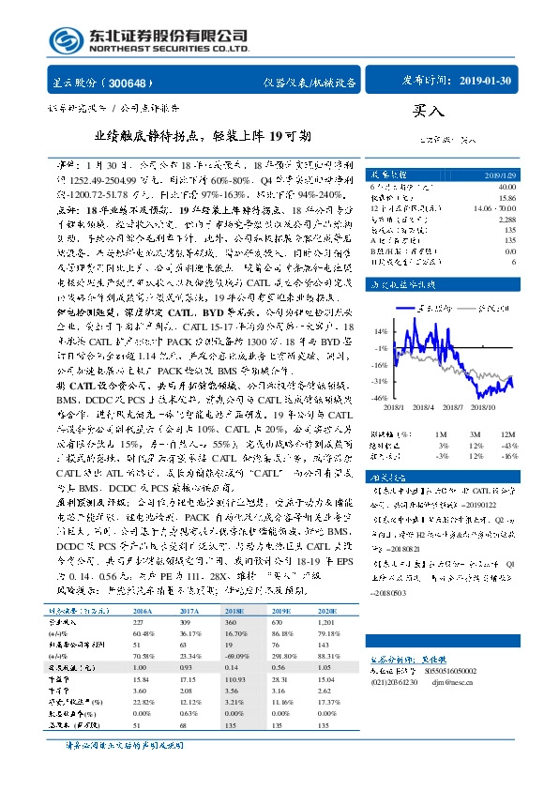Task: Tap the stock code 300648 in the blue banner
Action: tap(128, 83)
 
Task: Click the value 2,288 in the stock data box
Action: tap(506, 219)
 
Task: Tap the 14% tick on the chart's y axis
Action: tap(379, 331)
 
